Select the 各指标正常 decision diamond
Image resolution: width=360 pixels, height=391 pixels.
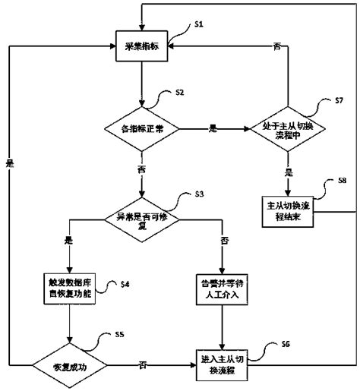coord(142,130)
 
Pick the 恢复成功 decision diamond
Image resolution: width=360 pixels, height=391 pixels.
coord(69,365)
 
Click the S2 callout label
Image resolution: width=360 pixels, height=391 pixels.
coord(179,93)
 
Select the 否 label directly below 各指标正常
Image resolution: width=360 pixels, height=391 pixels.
coord(142,169)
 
